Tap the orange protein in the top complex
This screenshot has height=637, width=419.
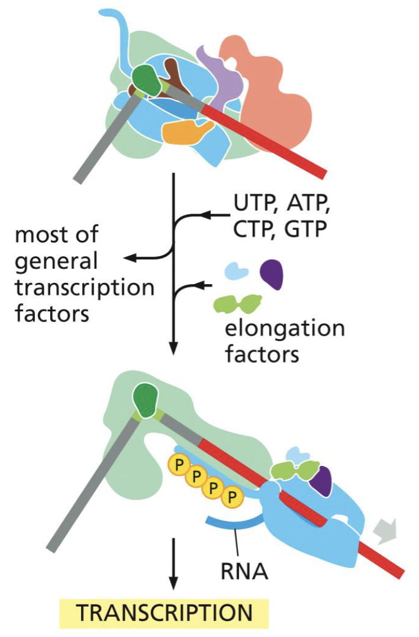click(185, 132)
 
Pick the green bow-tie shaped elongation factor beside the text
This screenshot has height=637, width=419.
click(237, 304)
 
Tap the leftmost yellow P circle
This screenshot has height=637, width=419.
click(177, 464)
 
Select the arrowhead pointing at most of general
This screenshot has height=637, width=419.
click(129, 258)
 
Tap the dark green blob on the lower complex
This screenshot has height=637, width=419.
click(147, 400)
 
